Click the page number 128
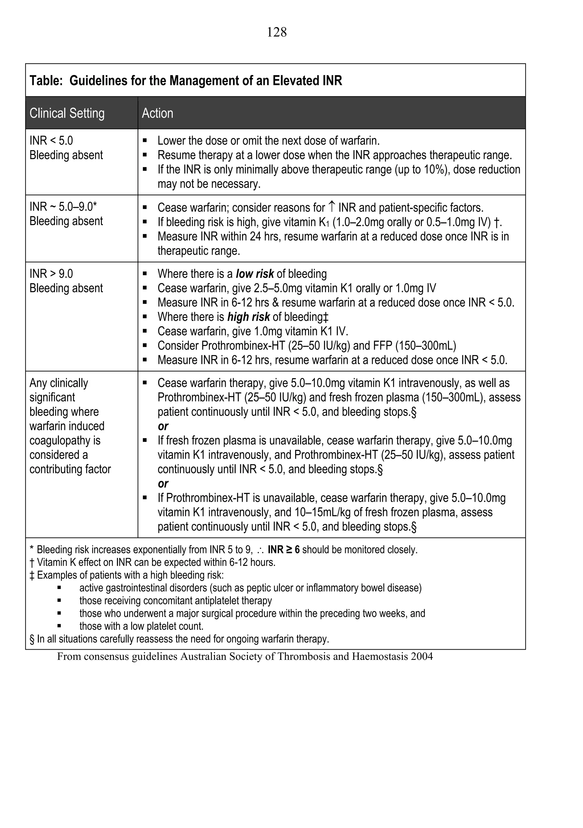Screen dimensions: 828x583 [277, 32]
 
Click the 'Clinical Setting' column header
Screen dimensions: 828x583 [67, 113]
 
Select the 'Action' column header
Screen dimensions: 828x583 [157, 113]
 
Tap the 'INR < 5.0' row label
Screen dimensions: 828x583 [51, 141]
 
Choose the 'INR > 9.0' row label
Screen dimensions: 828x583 [51, 274]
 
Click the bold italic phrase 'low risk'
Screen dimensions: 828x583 [255, 274]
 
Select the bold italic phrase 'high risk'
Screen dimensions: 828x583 [248, 317]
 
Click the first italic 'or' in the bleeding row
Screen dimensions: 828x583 [163, 426]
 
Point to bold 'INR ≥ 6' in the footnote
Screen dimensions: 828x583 [284, 550]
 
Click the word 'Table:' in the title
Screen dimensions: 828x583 [46, 80]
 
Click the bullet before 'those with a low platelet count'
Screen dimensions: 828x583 [59, 626]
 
